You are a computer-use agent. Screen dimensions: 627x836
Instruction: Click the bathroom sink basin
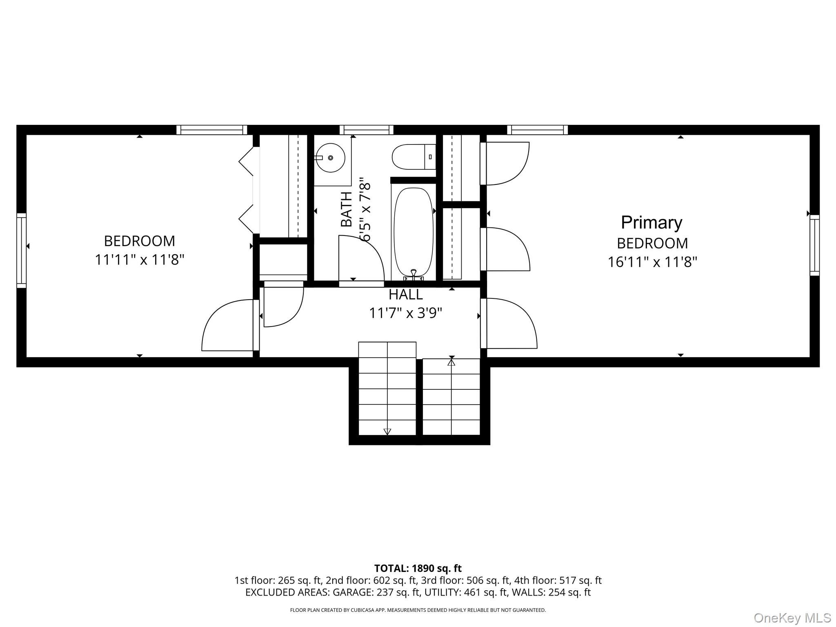pos(331,158)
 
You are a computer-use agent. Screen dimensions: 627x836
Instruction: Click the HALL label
pos(405,294)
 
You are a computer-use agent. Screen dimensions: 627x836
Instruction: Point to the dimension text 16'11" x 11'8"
pos(652,262)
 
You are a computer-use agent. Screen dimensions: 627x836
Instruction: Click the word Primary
pos(651,223)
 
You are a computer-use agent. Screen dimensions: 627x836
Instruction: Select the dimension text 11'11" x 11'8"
pos(140,260)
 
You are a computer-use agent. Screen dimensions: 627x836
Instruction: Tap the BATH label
pos(346,209)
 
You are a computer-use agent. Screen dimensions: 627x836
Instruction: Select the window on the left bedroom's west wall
pos(21,250)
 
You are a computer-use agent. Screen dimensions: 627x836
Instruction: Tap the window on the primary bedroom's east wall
pos(814,245)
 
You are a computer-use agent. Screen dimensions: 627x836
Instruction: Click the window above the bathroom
pos(366,130)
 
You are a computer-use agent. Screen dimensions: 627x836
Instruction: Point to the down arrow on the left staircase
pos(387,431)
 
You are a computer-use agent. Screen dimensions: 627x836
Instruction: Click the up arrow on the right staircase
pos(451,362)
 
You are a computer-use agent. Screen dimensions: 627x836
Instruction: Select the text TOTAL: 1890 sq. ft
pos(418,568)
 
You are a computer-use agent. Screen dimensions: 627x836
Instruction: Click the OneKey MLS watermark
pos(792,618)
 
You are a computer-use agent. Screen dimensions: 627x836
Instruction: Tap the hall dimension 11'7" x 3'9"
pos(405,313)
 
